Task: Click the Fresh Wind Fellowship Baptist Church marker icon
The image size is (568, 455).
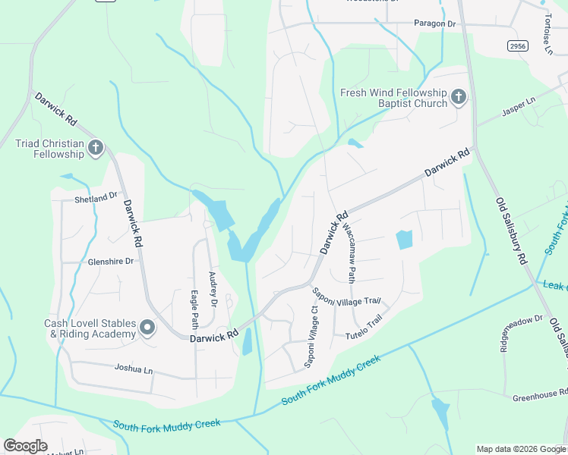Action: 458,97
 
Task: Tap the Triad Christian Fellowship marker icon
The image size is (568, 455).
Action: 96,148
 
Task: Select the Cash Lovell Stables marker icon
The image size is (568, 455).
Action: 147,328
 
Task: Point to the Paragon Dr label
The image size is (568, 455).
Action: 434,24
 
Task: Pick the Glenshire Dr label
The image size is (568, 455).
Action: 110,261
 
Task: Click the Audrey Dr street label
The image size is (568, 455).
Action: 213,290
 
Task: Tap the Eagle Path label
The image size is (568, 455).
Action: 194,308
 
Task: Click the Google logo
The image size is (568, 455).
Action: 25,446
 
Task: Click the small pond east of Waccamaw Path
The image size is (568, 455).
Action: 404,240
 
